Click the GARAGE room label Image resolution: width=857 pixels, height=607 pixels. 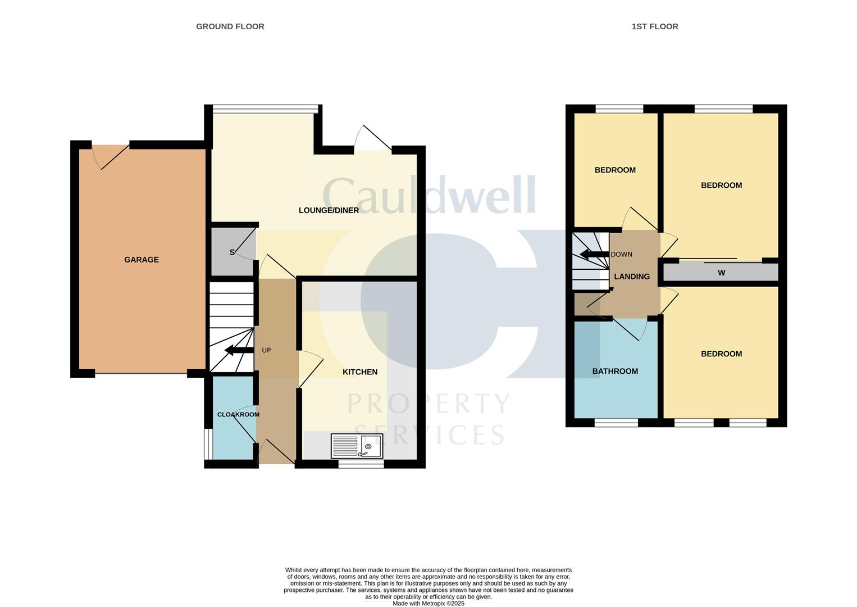[142, 260]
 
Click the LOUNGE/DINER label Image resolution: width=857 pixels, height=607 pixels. [329, 211]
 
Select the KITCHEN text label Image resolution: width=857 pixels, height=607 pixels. [360, 372]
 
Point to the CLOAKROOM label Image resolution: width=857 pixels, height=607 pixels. [238, 415]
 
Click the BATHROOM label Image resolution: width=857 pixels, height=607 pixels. [615, 372]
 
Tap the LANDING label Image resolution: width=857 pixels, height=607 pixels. [632, 277]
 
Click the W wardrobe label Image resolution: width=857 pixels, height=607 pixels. [722, 273]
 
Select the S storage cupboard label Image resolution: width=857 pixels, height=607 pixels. [232, 252]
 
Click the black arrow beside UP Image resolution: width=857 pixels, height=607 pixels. [238, 351]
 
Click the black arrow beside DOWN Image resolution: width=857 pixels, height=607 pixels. [594, 255]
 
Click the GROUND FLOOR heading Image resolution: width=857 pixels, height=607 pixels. [230, 26]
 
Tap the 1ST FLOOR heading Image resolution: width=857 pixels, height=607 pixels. [655, 26]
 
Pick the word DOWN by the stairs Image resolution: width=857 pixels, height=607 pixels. [621, 255]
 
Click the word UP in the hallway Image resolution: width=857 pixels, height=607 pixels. [266, 351]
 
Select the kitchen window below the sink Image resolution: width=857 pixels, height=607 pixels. [361, 464]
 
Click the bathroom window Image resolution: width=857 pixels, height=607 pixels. [616, 423]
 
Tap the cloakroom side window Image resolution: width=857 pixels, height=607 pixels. [207, 444]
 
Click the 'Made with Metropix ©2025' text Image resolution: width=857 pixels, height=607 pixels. [428, 604]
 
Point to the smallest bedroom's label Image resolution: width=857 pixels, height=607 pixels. [615, 170]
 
